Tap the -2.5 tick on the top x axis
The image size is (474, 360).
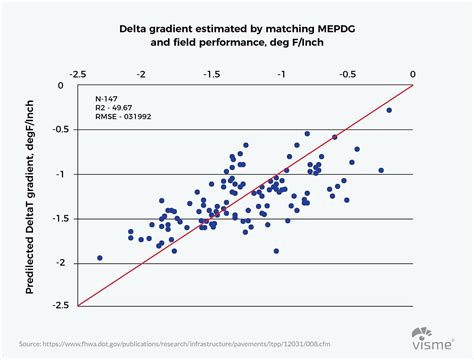(75, 73)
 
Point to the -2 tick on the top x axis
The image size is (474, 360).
(142, 73)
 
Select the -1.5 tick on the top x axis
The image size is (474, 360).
(211, 73)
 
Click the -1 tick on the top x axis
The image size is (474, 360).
(279, 73)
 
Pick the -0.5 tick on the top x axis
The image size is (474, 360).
(347, 73)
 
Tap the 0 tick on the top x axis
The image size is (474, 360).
(413, 73)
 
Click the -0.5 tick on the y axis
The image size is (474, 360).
(60, 130)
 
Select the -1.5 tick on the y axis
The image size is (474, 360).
(60, 219)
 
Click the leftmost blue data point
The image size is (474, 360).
(99, 258)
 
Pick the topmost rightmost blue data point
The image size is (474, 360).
(389, 110)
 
